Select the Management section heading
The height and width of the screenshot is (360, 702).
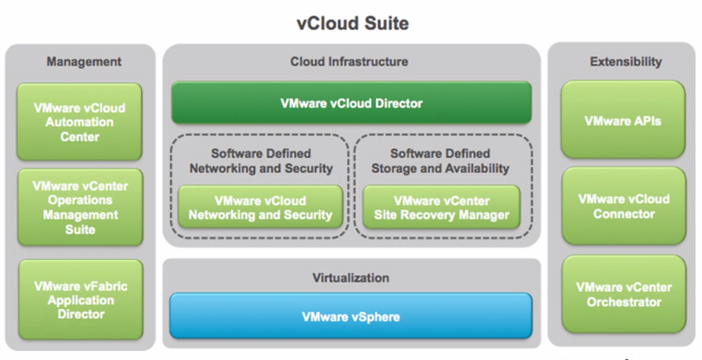(x=84, y=61)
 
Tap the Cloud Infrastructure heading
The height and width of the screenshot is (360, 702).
(x=349, y=61)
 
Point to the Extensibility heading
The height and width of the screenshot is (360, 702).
(x=626, y=61)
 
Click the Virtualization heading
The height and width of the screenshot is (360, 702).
(x=351, y=278)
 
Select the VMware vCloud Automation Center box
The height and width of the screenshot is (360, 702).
(x=79, y=122)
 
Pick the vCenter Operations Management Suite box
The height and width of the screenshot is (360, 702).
(x=80, y=207)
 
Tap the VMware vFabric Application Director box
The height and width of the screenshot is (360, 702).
(x=80, y=300)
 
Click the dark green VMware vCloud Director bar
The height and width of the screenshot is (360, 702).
(x=351, y=103)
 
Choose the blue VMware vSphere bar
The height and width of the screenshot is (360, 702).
(x=351, y=316)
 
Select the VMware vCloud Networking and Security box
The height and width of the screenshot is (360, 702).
(x=260, y=208)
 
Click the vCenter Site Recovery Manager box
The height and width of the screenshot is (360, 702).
(x=441, y=208)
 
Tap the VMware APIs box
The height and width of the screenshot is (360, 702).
(x=623, y=121)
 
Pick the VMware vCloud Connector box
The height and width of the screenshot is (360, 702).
(x=623, y=206)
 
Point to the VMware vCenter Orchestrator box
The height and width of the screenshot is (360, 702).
(x=623, y=294)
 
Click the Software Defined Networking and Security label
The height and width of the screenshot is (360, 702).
(x=261, y=161)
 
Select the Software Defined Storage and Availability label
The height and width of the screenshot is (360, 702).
(x=440, y=161)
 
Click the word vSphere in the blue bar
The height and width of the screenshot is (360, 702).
(x=375, y=316)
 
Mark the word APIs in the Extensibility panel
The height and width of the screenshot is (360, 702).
(x=647, y=121)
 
